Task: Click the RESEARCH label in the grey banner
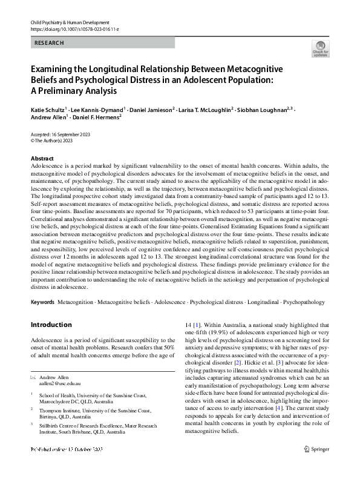pos(49,42)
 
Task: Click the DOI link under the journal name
pos(70,29)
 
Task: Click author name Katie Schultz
pos(48,110)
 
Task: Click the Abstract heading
pos(42,157)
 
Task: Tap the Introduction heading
pos(51,324)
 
